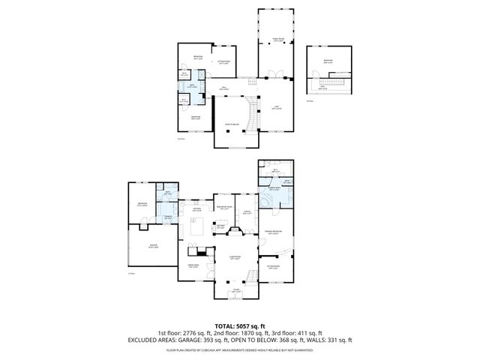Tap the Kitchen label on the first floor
(196, 211)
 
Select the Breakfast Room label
(223, 208)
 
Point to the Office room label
(246, 212)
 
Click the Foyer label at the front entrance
(235, 290)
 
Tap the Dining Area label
(193, 265)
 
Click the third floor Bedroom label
(328, 61)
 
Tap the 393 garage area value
(223, 340)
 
